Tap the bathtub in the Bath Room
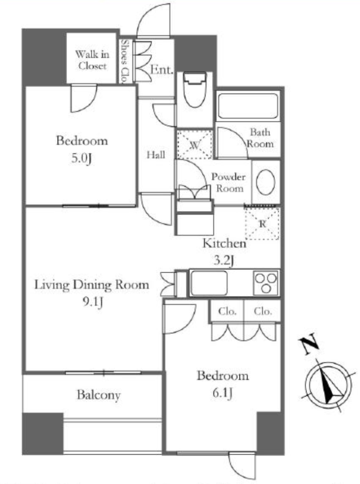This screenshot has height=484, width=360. coord(248,106)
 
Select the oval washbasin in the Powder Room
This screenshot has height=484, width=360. coord(266,182)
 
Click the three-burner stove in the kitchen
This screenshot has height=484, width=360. coord(266,283)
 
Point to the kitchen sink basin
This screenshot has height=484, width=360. coord(209,283)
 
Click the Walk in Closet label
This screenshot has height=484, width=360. coord(92,60)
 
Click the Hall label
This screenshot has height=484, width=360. coord(156,155)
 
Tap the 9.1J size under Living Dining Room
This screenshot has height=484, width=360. coord(92,302)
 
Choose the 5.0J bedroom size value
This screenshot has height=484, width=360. coord(82,158)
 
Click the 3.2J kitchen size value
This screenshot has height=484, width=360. coord(224,261)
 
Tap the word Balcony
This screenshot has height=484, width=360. coord(99,395)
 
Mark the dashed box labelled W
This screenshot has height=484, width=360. coord(195,145)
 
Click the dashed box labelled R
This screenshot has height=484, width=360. coord(262,224)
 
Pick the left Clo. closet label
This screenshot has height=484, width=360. coord(227,311)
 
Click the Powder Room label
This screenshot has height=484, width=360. coord(229,182)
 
